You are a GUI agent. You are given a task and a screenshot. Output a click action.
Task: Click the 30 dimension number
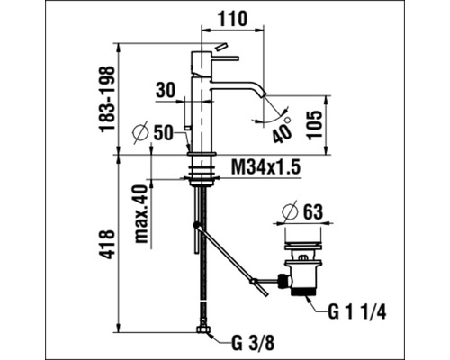pyautogui.click(x=166, y=91)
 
